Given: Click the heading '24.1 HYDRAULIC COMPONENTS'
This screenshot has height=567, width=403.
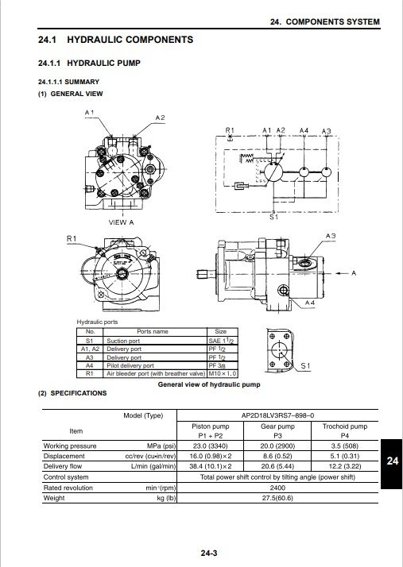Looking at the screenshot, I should [115, 40].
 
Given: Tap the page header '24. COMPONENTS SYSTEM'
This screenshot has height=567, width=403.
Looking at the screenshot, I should [324, 20].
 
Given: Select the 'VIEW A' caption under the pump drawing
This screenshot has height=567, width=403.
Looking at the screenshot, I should [121, 222].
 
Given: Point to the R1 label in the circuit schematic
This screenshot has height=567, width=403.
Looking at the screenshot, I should [230, 130].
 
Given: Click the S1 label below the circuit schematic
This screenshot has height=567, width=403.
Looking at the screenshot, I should [273, 216].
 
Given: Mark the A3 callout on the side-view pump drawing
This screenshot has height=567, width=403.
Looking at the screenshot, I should [331, 237].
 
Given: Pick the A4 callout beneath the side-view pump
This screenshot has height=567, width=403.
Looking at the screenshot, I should [310, 303].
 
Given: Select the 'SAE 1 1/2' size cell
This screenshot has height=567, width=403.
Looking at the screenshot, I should [219, 340].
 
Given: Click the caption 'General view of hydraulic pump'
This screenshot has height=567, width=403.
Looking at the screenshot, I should [209, 384].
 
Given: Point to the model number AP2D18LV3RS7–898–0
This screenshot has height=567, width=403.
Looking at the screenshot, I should [277, 415].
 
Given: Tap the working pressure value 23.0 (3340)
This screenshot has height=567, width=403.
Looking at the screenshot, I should [211, 446].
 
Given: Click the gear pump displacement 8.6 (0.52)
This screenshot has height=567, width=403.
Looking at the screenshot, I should [277, 457].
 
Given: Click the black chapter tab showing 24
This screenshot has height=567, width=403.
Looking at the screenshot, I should [391, 460].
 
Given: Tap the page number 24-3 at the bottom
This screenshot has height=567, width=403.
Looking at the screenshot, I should [209, 550].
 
